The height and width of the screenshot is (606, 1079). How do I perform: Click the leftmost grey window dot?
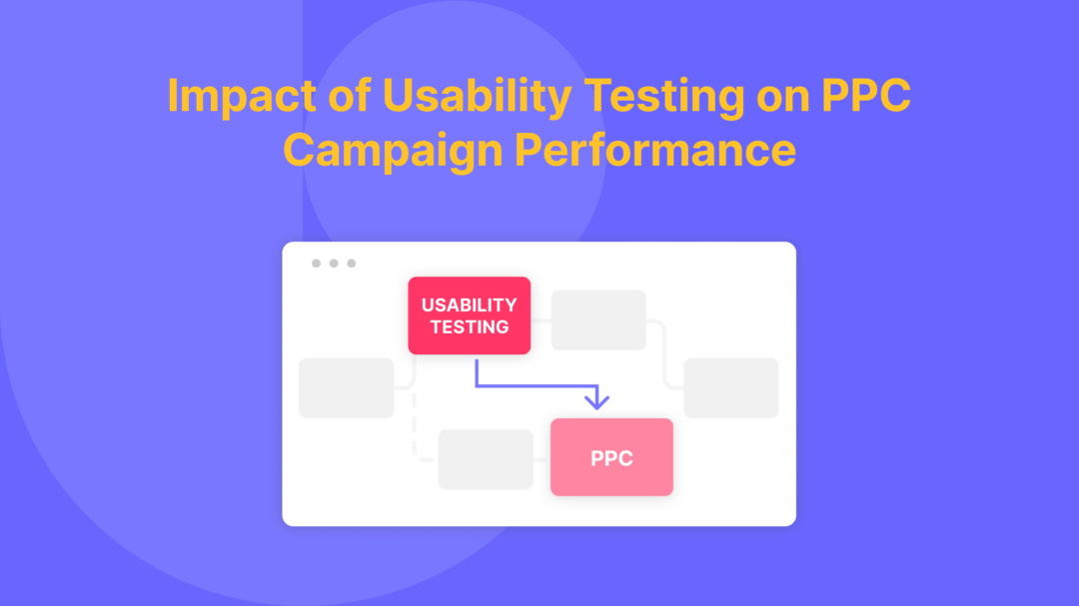[316, 264]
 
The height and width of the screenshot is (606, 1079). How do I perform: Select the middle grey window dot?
[334, 264]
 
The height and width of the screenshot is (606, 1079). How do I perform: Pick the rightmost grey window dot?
[352, 264]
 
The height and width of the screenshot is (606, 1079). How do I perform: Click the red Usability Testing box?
[469, 315]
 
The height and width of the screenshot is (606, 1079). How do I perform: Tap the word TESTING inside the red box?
[469, 326]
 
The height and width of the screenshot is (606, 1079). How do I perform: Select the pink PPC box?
[611, 458]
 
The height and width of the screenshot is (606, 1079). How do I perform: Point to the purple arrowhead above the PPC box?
[596, 401]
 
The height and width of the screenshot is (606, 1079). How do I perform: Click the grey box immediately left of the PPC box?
[486, 459]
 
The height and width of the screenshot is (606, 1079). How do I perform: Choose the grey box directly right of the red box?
[598, 320]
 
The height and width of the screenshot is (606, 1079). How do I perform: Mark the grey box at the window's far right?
[730, 387]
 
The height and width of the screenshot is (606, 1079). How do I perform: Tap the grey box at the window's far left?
[347, 387]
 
